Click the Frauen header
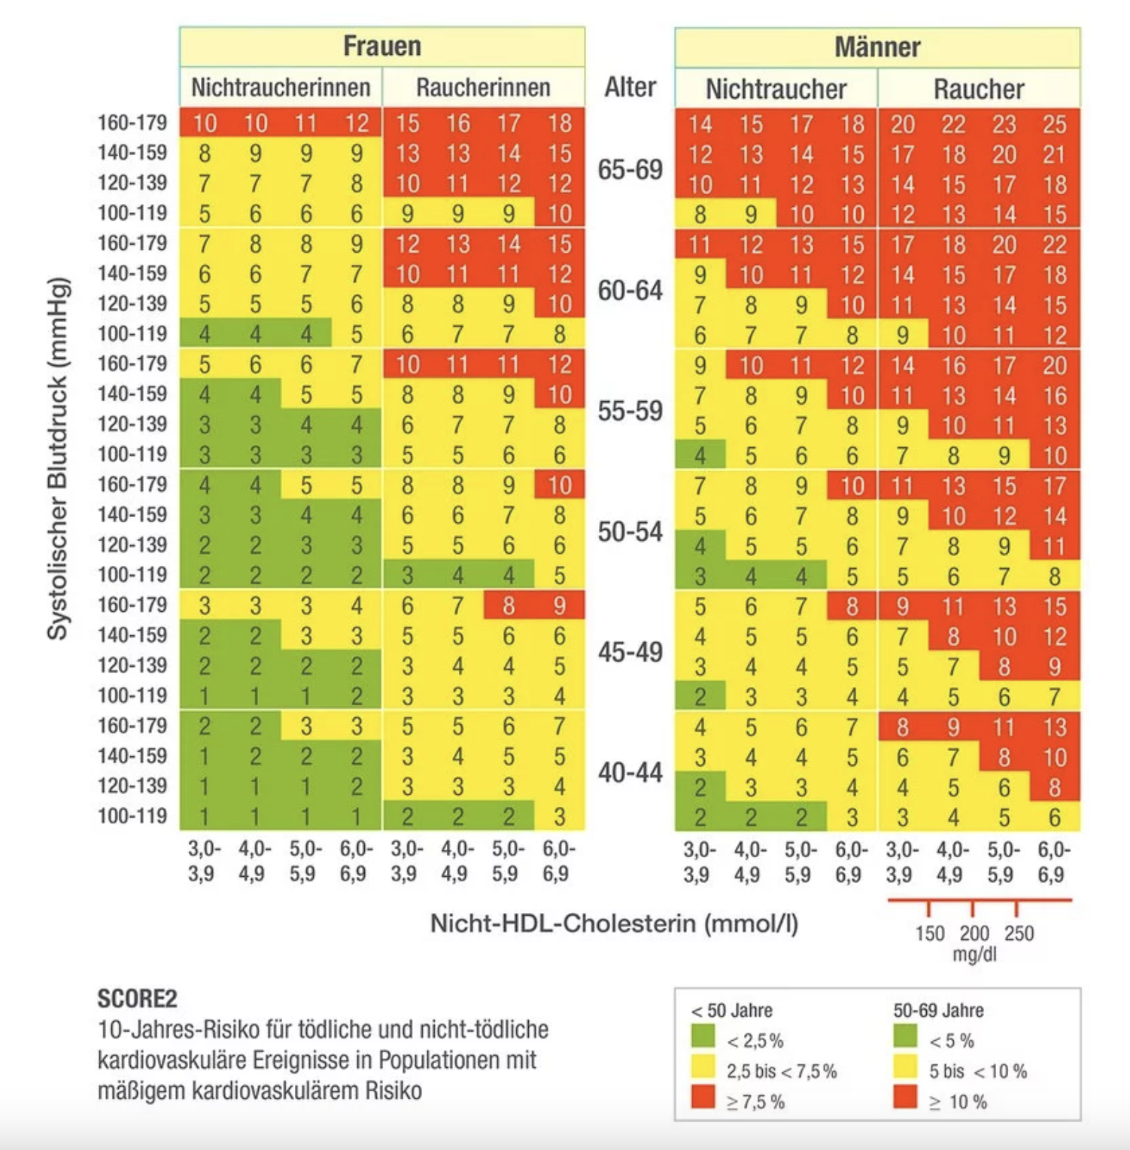click(x=382, y=46)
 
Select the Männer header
click(x=877, y=47)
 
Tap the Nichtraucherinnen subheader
click(x=281, y=87)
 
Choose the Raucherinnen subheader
click(x=483, y=87)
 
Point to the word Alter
click(x=630, y=87)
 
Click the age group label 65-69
click(x=630, y=169)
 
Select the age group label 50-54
click(x=630, y=531)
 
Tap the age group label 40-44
click(x=630, y=772)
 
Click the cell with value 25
click(x=1055, y=124)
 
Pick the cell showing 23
click(x=1004, y=124)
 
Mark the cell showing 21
click(x=1055, y=154)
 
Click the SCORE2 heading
click(x=138, y=999)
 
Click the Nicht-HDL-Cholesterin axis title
click(x=614, y=923)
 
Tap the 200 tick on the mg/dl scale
click(x=974, y=933)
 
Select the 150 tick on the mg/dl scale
click(x=930, y=933)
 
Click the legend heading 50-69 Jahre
click(x=938, y=1010)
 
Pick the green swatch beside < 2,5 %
click(x=703, y=1037)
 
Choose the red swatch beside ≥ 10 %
click(x=906, y=1097)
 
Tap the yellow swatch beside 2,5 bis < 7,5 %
click(x=703, y=1067)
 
